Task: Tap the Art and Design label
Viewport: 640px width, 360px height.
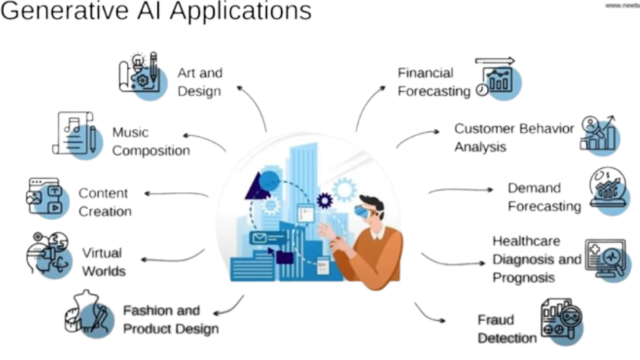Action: pyautogui.click(x=199, y=82)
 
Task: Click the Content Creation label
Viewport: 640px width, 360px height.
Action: pyautogui.click(x=104, y=202)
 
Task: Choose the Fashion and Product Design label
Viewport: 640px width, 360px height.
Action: pyautogui.click(x=170, y=319)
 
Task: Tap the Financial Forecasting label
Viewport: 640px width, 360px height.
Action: pyautogui.click(x=434, y=82)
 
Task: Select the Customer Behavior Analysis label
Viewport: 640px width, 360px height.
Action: pyautogui.click(x=514, y=137)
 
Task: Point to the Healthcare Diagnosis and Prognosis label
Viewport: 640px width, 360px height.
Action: pyautogui.click(x=536, y=259)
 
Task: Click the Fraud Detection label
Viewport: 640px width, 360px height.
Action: pyautogui.click(x=507, y=329)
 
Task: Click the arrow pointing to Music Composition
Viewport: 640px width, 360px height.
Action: pyautogui.click(x=202, y=140)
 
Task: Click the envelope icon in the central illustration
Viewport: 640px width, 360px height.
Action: pyautogui.click(x=259, y=237)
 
